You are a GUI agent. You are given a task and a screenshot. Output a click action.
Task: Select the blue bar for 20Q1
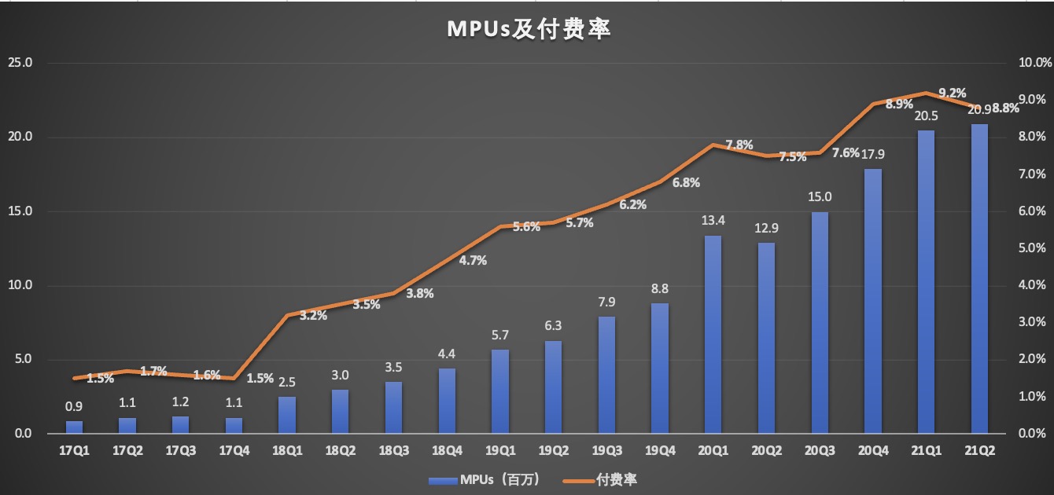click(x=713, y=335)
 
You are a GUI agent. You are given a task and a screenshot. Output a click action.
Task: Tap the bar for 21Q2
click(x=979, y=279)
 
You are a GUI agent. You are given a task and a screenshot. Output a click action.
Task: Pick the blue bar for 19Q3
click(x=606, y=375)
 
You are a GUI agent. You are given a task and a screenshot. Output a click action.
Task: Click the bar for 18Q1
click(x=287, y=415)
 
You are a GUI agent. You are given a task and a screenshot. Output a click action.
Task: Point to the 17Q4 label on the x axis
click(x=234, y=450)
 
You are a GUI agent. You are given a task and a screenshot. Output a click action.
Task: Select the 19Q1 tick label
click(x=500, y=450)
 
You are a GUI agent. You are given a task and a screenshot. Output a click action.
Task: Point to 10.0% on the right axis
click(x=1030, y=63)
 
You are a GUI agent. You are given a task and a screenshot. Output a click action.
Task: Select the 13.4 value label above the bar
click(x=713, y=220)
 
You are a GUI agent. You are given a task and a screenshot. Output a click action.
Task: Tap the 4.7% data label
click(x=473, y=260)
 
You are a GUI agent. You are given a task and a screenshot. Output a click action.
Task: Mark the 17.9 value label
click(x=872, y=154)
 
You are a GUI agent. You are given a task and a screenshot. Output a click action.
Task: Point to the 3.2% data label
click(x=313, y=316)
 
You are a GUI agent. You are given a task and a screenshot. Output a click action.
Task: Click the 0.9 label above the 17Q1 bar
click(x=74, y=406)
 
